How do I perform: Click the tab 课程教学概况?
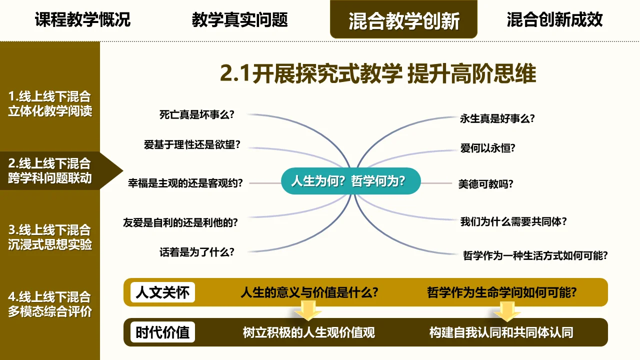tap(82, 19)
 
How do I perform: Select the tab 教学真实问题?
tap(239, 19)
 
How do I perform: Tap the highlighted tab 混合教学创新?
tap(403, 19)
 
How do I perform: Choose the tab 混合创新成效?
tap(554, 19)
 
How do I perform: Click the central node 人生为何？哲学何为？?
tap(351, 181)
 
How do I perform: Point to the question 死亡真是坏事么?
tap(197, 114)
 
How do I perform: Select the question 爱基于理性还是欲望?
tap(192, 144)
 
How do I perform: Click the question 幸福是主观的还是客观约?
tap(185, 183)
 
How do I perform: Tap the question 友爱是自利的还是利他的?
tap(180, 222)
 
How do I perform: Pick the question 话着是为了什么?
tap(197, 252)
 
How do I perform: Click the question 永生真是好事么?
tap(497, 118)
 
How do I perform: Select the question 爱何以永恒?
tap(487, 148)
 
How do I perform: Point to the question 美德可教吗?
tap(485, 183)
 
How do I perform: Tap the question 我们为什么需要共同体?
tap(513, 221)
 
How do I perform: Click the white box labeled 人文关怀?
tap(162, 292)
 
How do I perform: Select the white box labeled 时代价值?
tap(162, 332)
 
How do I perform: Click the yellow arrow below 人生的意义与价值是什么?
tap(307, 310)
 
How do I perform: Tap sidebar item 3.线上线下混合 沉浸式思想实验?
tap(49, 237)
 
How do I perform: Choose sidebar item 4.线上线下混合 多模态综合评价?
tap(49, 304)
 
